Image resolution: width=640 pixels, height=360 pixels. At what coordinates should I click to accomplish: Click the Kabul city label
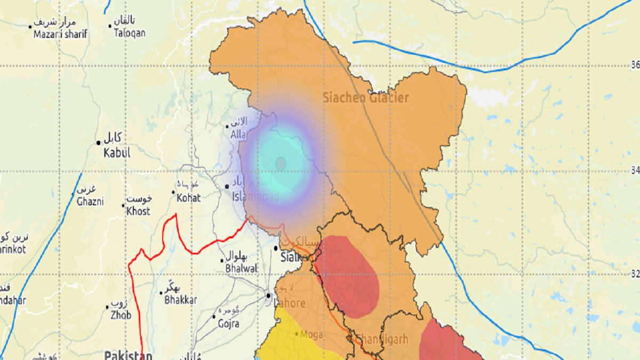coord(117,153)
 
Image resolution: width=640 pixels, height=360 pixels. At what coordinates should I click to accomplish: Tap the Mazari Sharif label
coord(60,34)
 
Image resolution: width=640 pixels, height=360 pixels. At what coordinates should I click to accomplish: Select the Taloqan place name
coord(129,33)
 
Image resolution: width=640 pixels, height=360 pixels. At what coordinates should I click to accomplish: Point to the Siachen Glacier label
coord(366,98)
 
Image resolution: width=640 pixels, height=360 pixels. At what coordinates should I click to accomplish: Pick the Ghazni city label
coord(90,202)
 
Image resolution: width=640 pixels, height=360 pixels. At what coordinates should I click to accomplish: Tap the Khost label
coord(138,211)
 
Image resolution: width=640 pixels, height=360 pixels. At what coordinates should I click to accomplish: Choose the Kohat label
coord(189,198)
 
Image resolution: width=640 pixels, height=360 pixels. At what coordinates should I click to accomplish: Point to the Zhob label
coord(121,315)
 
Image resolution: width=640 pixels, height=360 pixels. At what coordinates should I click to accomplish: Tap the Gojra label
coord(228,323)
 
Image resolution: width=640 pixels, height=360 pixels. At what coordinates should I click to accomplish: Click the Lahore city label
coord(290,303)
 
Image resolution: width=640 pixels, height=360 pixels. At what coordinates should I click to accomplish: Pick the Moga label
coord(312,334)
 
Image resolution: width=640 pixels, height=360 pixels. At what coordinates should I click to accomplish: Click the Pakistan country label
coord(128,355)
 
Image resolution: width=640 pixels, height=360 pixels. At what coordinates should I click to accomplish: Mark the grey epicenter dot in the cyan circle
coord(281,163)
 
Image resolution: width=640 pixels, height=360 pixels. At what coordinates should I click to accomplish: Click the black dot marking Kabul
coord(99,142)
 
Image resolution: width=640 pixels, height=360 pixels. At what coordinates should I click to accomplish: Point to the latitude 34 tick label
coord(635,171)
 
